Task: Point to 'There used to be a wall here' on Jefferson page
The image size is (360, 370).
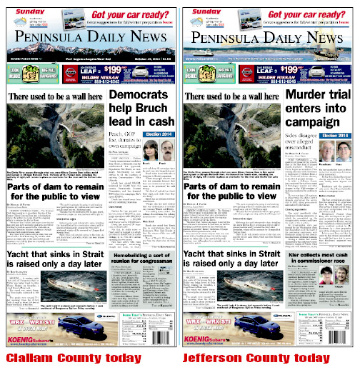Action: (229, 96)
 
